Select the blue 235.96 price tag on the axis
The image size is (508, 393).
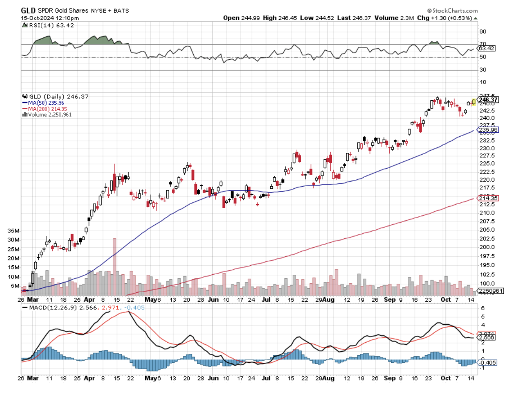pos(488,130)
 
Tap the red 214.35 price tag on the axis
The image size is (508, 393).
pos(488,198)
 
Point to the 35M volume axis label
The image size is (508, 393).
pos(13,231)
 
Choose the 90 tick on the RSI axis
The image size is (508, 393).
pos(483,31)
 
